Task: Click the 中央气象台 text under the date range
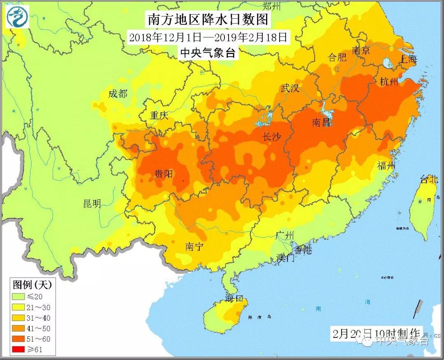pyautogui.click(x=208, y=53)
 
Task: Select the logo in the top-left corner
pyautogui.click(x=17, y=17)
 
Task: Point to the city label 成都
pyautogui.click(x=118, y=94)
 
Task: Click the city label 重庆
pyautogui.click(x=159, y=115)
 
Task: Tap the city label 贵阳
pyautogui.click(x=163, y=174)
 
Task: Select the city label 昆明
pyautogui.click(x=92, y=203)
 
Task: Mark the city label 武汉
pyautogui.click(x=290, y=88)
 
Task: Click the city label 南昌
pyautogui.click(x=321, y=122)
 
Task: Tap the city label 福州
pyautogui.click(x=386, y=166)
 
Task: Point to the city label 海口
pyautogui.click(x=235, y=298)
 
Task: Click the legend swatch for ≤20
pyautogui.click(x=18, y=296)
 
